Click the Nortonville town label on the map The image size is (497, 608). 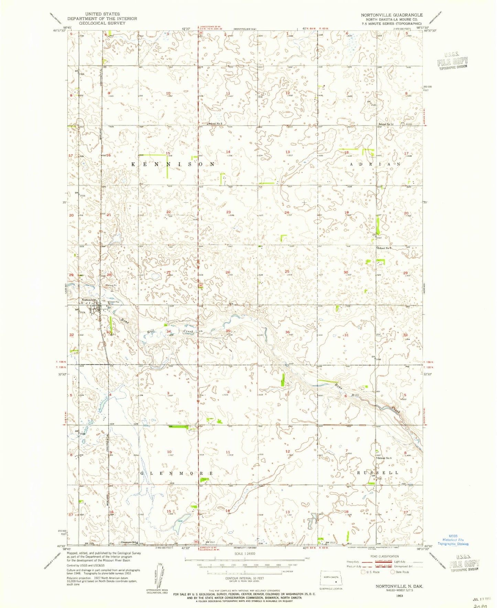pyautogui.click(x=89, y=300)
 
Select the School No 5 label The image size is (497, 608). pyautogui.click(x=385, y=458)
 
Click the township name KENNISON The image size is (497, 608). pyautogui.click(x=173, y=164)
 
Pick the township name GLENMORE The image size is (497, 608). pyautogui.click(x=176, y=473)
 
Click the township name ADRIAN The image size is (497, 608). pyautogui.click(x=375, y=164)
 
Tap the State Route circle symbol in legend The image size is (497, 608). pyautogui.click(x=392, y=572)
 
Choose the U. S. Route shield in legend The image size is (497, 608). pyautogui.click(x=363, y=572)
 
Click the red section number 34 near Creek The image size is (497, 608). pyautogui.click(x=169, y=331)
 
